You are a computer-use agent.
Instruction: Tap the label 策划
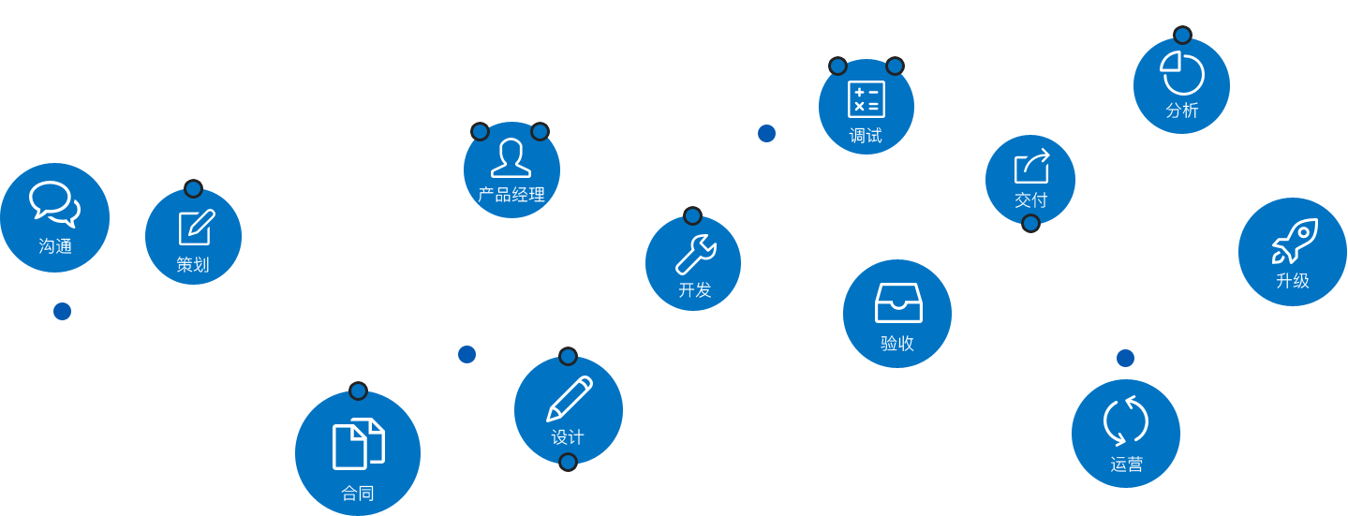pyautogui.click(x=193, y=265)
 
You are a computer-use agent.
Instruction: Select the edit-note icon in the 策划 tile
pyautogui.click(x=197, y=227)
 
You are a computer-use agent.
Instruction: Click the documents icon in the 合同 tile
pyautogui.click(x=358, y=443)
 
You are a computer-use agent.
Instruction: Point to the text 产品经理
pyautogui.click(x=511, y=195)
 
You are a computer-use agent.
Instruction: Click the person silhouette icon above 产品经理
pyautogui.click(x=511, y=157)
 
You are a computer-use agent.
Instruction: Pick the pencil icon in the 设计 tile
pyautogui.click(x=570, y=398)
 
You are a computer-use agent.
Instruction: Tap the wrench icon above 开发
pyautogui.click(x=695, y=254)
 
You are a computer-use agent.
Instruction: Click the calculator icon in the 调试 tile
pyautogui.click(x=866, y=99)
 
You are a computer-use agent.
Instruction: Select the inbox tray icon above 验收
pyautogui.click(x=898, y=302)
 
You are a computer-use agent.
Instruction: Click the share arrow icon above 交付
pyautogui.click(x=1031, y=167)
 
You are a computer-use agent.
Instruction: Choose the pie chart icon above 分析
pyautogui.click(x=1182, y=72)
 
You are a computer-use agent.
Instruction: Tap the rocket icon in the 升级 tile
pyautogui.click(x=1295, y=241)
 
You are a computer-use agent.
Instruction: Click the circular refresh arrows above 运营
pyautogui.click(x=1126, y=421)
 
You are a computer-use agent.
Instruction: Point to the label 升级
pyautogui.click(x=1293, y=281)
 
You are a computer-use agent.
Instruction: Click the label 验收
pyautogui.click(x=897, y=344)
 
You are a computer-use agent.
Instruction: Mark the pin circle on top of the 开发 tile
pyautogui.click(x=693, y=216)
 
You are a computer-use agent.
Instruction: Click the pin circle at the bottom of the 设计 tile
pyautogui.click(x=568, y=463)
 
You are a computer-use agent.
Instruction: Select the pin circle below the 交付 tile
pyautogui.click(x=1030, y=224)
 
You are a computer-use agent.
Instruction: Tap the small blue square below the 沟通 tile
pyautogui.click(x=62, y=311)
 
